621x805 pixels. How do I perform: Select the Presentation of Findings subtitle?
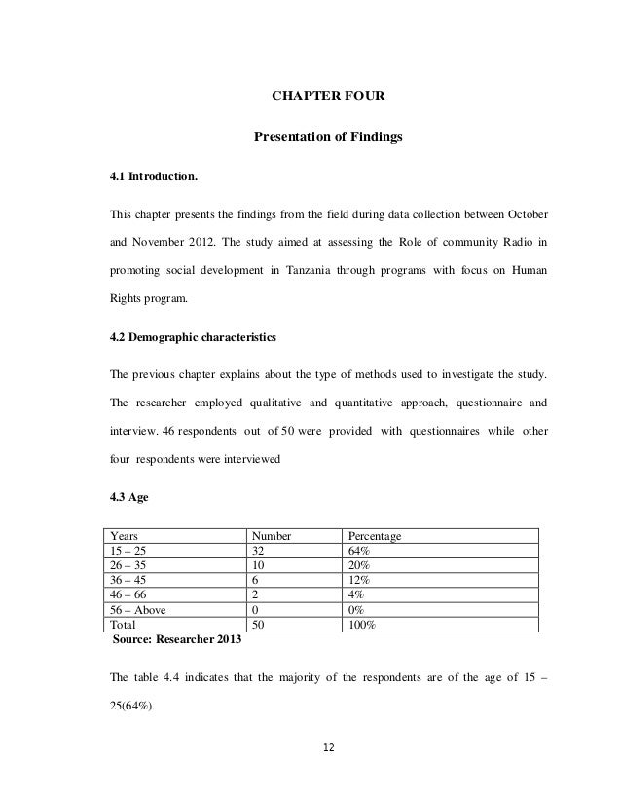pos(327,138)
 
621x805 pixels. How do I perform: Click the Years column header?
pos(124,536)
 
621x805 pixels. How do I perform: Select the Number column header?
pos(274,536)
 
